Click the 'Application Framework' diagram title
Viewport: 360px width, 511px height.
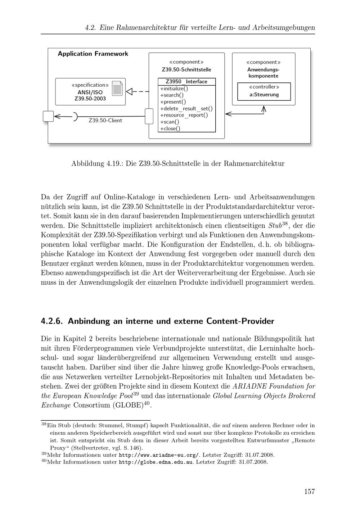tap(93, 54)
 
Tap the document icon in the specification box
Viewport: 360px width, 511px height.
tap(117, 88)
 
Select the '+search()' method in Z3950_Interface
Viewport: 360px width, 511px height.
tap(172, 95)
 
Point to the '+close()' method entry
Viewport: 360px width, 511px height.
tap(170, 128)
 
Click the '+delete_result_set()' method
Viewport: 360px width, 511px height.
tap(186, 109)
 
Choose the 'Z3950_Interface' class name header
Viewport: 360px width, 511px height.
tap(186, 82)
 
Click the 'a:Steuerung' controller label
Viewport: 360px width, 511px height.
tap(264, 95)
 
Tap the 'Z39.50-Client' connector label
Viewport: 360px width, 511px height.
tap(105, 121)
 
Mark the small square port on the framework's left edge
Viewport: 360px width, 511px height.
tap(48, 116)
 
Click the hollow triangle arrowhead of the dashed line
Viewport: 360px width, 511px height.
tap(130, 91)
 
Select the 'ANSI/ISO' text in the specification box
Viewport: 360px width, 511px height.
tap(90, 92)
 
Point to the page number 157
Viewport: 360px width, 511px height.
tap(309, 492)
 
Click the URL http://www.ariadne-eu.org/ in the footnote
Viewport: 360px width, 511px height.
tap(158, 455)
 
